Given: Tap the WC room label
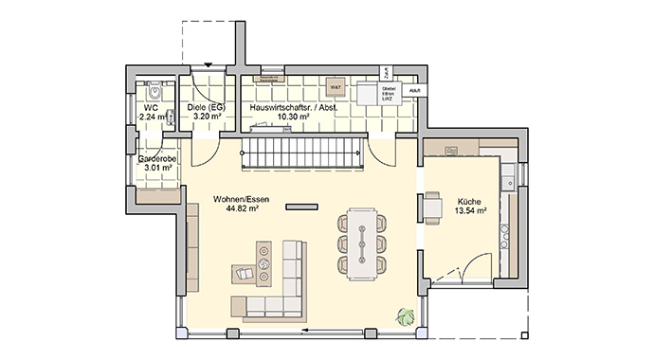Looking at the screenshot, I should tap(152, 108).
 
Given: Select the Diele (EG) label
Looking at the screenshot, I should tap(206, 108).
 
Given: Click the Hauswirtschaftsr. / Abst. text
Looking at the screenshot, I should tap(293, 108).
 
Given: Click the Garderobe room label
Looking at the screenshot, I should tap(155, 159).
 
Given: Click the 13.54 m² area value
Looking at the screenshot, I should tap(470, 211).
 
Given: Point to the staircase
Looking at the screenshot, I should tap(303, 152).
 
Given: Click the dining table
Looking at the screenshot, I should tap(362, 243).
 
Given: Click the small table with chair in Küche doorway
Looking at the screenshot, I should tap(432, 207).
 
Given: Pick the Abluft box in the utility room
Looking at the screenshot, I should tap(414, 90).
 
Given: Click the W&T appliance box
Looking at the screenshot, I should tap(335, 87).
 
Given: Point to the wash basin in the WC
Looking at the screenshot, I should tap(170, 117).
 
